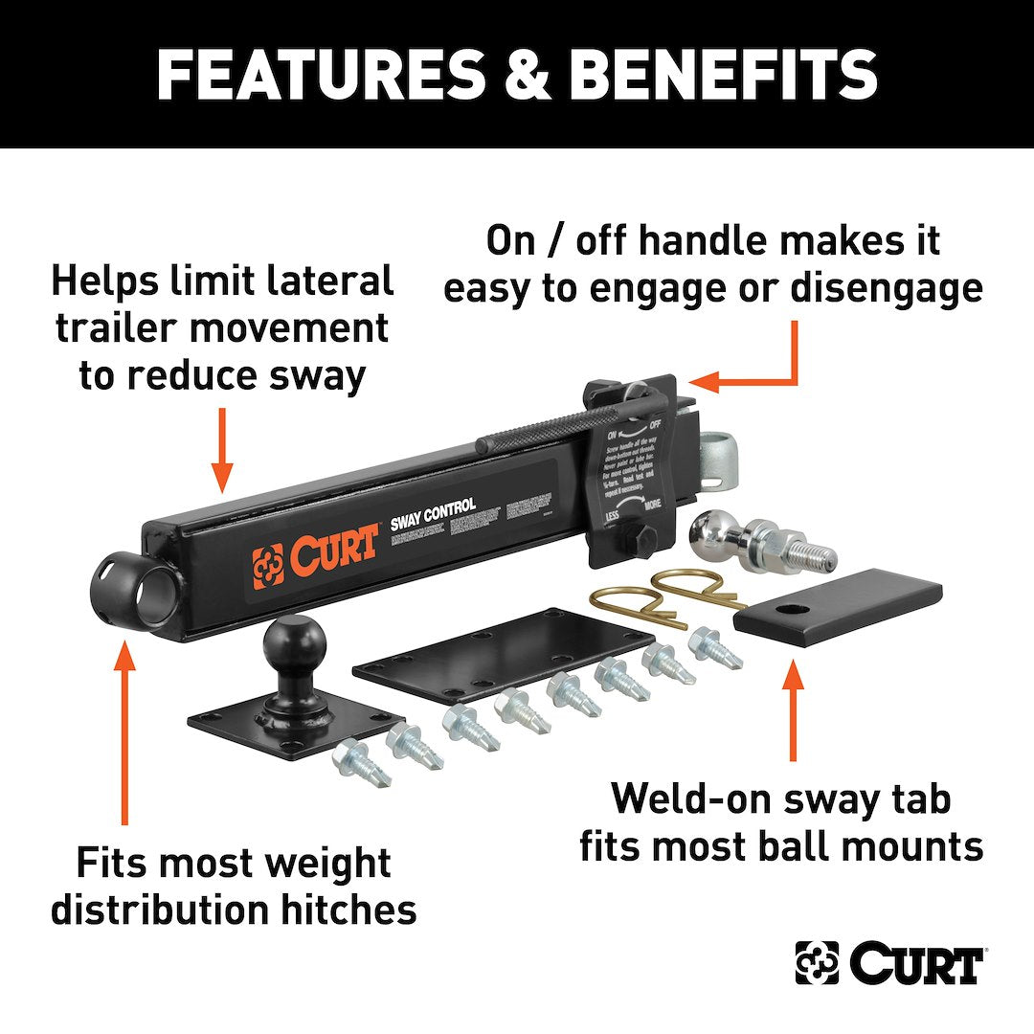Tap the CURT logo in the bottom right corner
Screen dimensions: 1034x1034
(x=889, y=963)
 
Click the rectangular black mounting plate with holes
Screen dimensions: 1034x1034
(x=503, y=652)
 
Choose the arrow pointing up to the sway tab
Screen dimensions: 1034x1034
(x=792, y=708)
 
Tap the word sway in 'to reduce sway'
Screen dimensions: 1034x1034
(x=320, y=375)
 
